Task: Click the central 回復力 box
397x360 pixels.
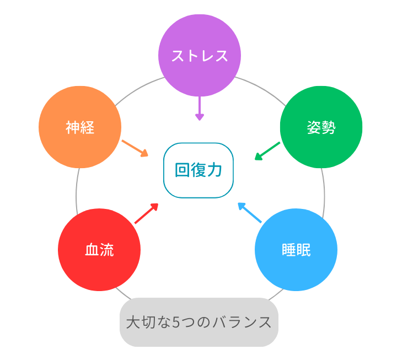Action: (198, 170)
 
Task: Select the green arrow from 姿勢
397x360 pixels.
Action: (267, 151)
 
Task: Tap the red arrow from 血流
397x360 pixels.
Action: (147, 213)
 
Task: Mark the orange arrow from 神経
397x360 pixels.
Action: (135, 147)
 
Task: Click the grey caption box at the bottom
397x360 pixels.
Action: (198, 322)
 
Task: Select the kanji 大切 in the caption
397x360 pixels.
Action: (141, 322)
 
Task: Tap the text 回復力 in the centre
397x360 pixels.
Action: (198, 170)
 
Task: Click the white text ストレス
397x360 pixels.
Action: (200, 56)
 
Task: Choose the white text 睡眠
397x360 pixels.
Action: (296, 250)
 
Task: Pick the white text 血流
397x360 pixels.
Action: (99, 250)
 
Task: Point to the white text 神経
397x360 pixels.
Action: (80, 128)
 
